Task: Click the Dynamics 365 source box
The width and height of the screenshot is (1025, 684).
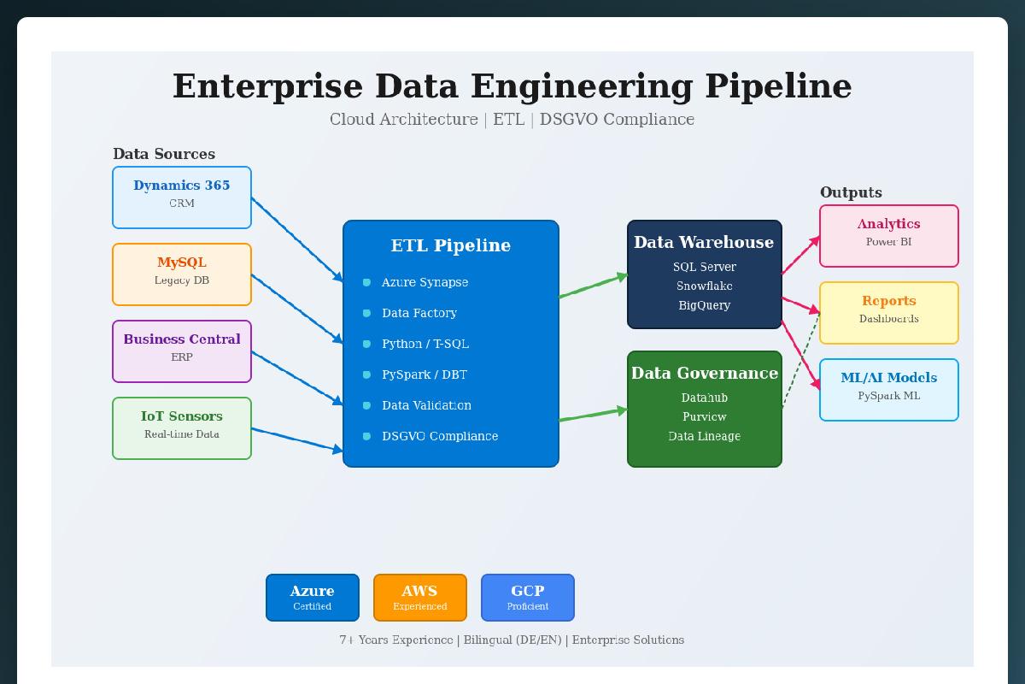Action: coord(182,198)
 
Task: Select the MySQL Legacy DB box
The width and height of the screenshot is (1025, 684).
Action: coord(182,274)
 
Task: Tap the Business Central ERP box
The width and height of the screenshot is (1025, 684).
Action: coord(182,351)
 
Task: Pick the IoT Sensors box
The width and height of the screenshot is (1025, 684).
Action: coord(182,428)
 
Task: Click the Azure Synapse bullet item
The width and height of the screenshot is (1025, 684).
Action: coord(425,282)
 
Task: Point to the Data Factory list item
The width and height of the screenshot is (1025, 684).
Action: coord(419,313)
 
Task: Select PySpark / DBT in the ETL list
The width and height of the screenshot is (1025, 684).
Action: coord(425,374)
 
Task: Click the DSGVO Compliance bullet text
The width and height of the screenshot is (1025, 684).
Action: coord(440,436)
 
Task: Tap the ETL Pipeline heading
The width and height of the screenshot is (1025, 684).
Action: coord(451,245)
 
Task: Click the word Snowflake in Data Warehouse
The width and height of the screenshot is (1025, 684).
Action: coord(705,286)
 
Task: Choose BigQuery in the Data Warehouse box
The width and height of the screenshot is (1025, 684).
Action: coord(705,305)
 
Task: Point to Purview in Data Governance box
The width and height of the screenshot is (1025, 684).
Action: coord(705,416)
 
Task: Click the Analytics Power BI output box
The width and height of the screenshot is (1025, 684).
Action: coord(889,236)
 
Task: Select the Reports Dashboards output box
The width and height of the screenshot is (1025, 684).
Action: coord(889,313)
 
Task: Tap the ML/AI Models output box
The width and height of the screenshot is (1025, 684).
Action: coord(889,390)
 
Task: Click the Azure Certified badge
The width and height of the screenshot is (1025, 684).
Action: coord(313,598)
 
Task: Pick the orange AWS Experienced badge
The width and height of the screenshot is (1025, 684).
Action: coord(420,598)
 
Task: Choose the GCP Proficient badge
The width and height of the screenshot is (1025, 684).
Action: coord(528,598)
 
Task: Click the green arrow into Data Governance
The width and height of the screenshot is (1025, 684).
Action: coord(594,416)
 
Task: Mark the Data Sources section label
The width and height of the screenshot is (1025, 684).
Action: coord(164,154)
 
